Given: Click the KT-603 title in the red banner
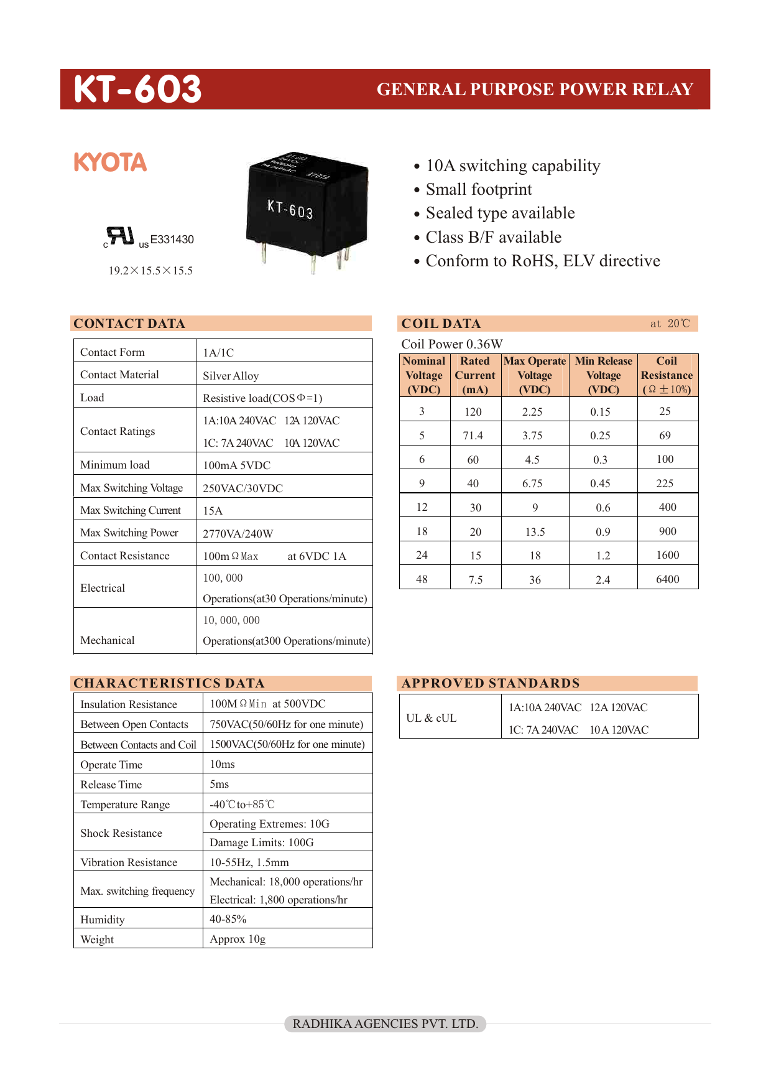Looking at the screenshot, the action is pos(137,89).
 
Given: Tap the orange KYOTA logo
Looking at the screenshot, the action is pos(110,162).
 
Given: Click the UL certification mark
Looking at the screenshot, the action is pos(120,237).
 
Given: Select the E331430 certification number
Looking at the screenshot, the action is pos(172,240).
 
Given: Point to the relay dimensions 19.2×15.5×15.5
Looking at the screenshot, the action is pos(150,271).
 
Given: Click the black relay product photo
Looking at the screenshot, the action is pos(307,208).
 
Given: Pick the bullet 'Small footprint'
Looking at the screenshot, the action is pos(479,189).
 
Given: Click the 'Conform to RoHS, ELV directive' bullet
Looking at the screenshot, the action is pos(542,261).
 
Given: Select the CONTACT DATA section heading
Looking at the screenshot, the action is pos(129,324).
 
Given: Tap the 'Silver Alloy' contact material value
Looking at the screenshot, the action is pos(231,376).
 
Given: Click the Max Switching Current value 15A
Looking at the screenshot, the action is pos(213,511).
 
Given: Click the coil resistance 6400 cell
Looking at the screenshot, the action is pos(667,579).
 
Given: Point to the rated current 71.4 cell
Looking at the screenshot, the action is pos(473,436).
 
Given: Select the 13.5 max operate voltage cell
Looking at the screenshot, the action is pos(535,531).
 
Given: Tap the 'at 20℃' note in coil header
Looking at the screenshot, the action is pos(670,324).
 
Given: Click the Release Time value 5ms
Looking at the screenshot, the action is pos(219,784).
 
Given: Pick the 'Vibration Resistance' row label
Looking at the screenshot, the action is pos(129,862).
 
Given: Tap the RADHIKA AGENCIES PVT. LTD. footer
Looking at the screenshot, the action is pos(385,1024).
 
